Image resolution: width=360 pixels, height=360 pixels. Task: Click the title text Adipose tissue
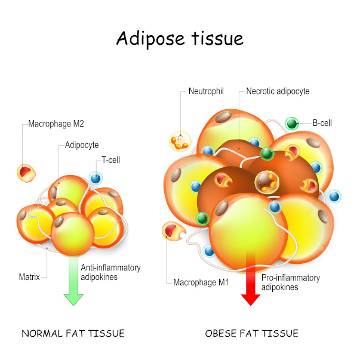[180, 39]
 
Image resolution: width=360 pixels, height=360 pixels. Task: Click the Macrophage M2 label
[56, 124]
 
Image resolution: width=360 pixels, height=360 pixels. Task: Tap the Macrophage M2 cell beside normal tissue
[26, 173]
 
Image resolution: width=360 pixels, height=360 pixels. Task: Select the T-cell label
[111, 160]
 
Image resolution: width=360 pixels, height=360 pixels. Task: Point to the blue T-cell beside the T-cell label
[96, 178]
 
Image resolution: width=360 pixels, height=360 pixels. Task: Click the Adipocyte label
[82, 145]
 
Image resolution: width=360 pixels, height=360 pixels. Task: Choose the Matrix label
[29, 277]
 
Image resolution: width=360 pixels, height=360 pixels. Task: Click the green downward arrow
[73, 281]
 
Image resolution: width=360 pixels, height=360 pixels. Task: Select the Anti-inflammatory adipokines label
[110, 272]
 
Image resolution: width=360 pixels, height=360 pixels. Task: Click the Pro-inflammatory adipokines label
[291, 282]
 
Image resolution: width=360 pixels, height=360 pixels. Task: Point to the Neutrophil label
[206, 91]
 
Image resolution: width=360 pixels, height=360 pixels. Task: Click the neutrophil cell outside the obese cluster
[180, 141]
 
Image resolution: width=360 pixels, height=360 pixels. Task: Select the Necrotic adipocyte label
[278, 91]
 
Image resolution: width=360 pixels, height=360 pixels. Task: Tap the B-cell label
[322, 123]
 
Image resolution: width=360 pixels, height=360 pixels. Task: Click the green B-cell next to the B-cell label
[292, 124]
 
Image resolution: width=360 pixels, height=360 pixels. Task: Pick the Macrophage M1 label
[201, 282]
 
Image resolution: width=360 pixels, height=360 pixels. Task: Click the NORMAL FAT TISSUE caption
[73, 333]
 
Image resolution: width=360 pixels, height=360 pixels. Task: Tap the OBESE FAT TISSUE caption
[251, 333]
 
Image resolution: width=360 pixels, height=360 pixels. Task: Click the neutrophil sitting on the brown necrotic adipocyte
[267, 182]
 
